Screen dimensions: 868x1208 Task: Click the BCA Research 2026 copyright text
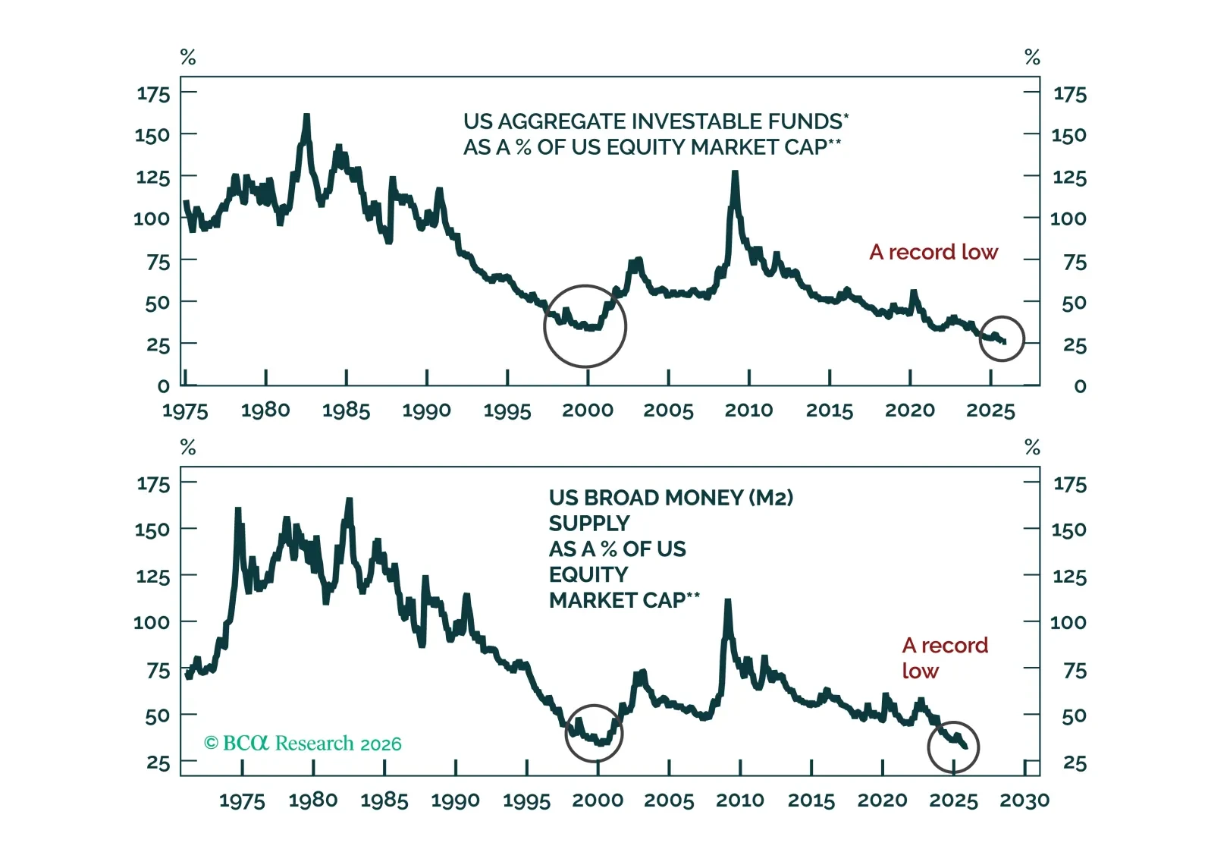pyautogui.click(x=303, y=743)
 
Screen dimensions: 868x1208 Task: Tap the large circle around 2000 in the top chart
pyautogui.click(x=585, y=326)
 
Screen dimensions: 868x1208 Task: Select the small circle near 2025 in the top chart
pyautogui.click(x=1002, y=338)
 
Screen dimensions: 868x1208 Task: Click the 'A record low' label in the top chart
pyautogui.click(x=933, y=252)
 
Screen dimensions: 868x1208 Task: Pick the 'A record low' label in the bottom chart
pyautogui.click(x=944, y=658)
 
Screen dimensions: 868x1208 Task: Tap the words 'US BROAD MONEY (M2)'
pyautogui.click(x=670, y=498)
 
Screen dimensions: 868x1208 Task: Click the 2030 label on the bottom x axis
pyautogui.click(x=1024, y=800)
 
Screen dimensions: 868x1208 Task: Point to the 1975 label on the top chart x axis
pyautogui.click(x=185, y=410)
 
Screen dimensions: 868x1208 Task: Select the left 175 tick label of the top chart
pyautogui.click(x=153, y=94)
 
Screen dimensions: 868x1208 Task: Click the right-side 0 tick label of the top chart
pyautogui.click(x=1080, y=386)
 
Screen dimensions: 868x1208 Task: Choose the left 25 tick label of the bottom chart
pyautogui.click(x=158, y=763)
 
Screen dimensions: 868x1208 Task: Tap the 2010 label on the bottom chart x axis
pyautogui.click(x=740, y=800)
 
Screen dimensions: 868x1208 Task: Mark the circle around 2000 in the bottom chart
pyautogui.click(x=594, y=734)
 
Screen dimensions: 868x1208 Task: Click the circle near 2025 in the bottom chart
pyautogui.click(x=953, y=747)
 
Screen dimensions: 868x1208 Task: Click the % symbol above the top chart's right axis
pyautogui.click(x=1032, y=57)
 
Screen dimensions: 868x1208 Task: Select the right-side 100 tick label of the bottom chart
pyautogui.click(x=1068, y=623)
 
